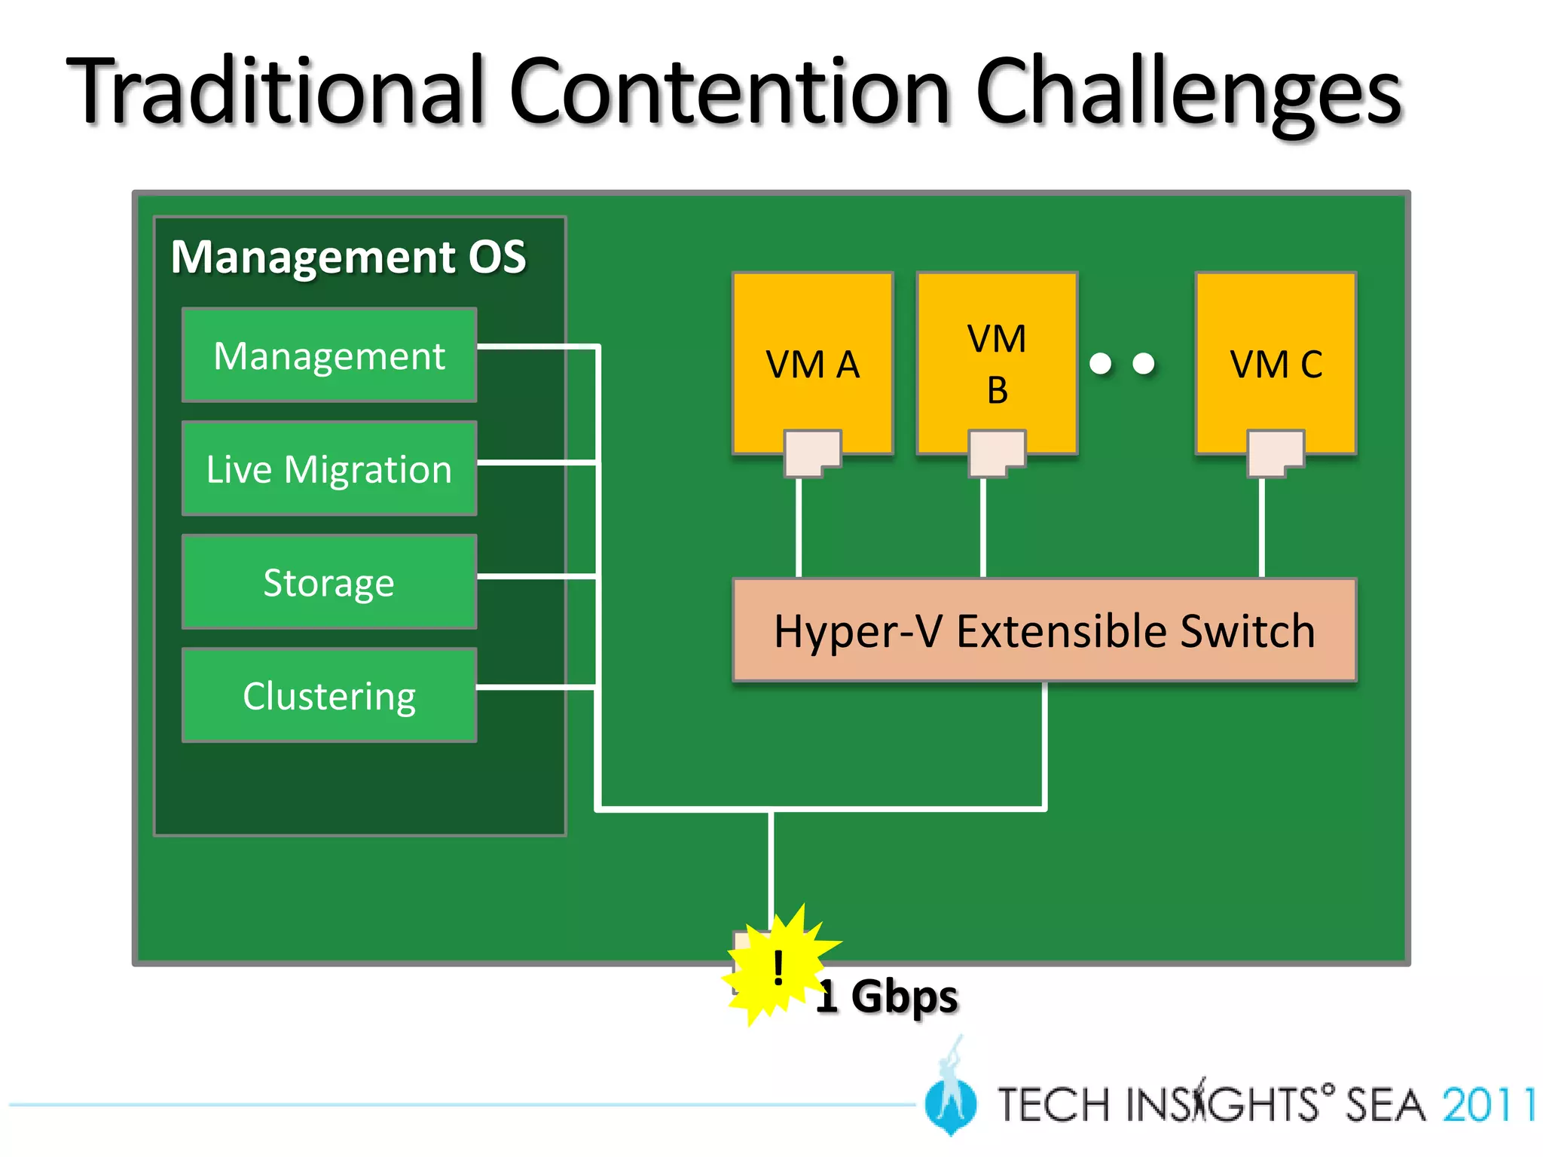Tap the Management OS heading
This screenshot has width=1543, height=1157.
pyautogui.click(x=348, y=257)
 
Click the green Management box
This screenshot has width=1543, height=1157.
pyautogui.click(x=329, y=355)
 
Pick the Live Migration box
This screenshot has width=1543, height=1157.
pyautogui.click(x=329, y=469)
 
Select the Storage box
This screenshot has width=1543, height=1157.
pyautogui.click(x=329, y=582)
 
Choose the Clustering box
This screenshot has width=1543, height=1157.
pyautogui.click(x=329, y=695)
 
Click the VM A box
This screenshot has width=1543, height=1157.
pyautogui.click(x=812, y=354)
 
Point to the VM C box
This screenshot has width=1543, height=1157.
pyautogui.click(x=1276, y=354)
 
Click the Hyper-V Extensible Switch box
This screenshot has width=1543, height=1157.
pyautogui.click(x=1044, y=630)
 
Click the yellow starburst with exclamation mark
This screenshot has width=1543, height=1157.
pyautogui.click(x=778, y=967)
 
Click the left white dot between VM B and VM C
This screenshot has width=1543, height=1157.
pyautogui.click(x=1101, y=364)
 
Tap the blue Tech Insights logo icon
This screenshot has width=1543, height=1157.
pyautogui.click(x=951, y=1100)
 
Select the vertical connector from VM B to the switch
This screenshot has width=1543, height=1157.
pyautogui.click(x=983, y=527)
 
